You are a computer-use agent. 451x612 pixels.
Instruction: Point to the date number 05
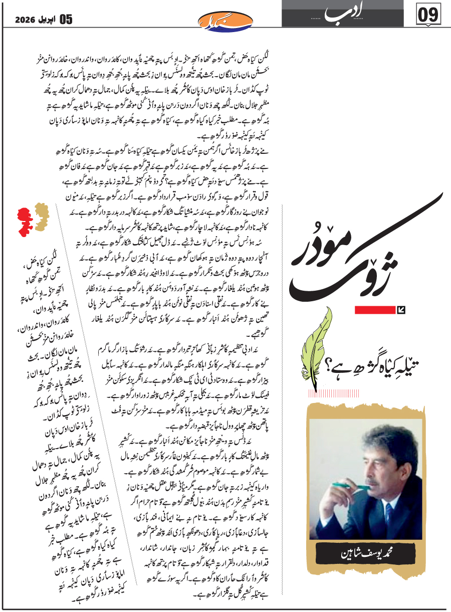pyautogui.click(x=66, y=20)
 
